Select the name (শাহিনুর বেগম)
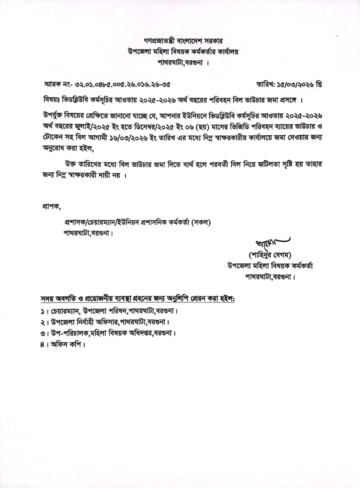270,255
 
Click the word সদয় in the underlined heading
49,298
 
